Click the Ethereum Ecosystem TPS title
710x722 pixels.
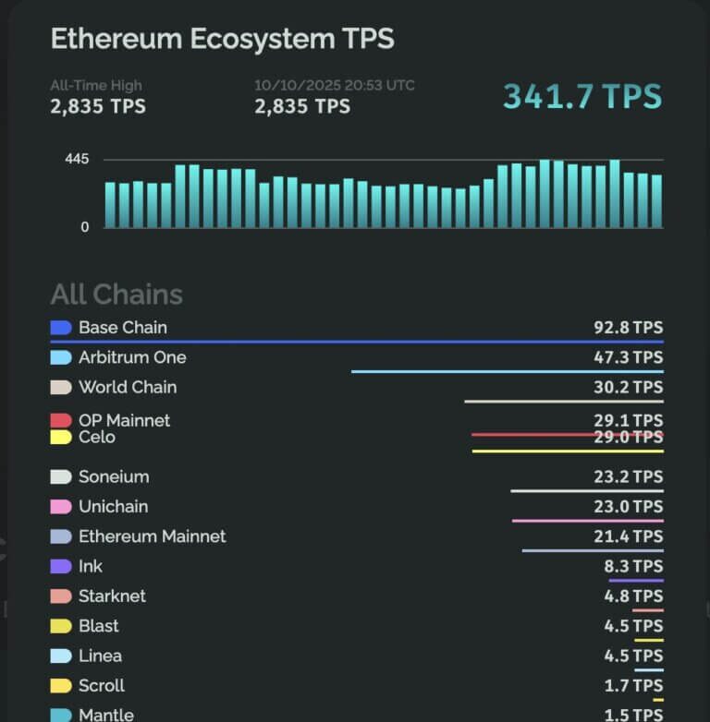point(222,39)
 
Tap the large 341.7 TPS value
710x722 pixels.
point(582,96)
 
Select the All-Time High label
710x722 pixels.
point(96,85)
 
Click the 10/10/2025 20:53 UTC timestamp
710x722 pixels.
point(335,85)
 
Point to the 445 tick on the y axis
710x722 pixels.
point(77,160)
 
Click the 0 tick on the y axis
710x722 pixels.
point(85,227)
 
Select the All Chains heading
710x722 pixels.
point(116,295)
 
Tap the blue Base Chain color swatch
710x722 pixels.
point(61,328)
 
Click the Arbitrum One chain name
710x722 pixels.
point(132,357)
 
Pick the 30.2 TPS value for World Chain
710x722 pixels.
point(628,387)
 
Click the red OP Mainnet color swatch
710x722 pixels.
point(61,421)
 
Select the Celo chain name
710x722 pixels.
point(97,437)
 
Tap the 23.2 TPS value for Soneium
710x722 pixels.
point(628,476)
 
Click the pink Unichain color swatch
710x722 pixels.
point(61,507)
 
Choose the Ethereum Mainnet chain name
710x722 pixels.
point(153,536)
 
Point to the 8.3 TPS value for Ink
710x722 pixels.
point(633,566)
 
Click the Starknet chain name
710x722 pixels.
point(112,596)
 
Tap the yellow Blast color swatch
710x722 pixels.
point(61,626)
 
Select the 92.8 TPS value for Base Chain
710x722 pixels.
point(628,328)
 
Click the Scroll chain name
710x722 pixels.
point(102,685)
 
